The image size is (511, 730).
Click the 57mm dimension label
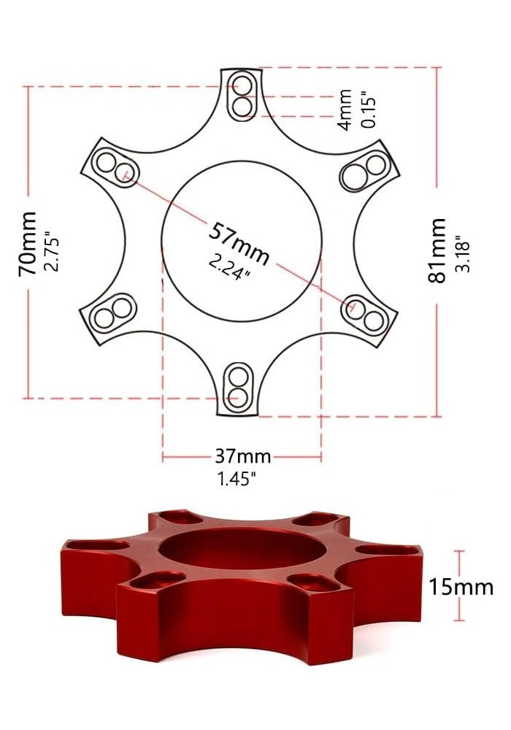[x=239, y=243]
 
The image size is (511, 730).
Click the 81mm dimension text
[x=437, y=250]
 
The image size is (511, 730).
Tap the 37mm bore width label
[x=242, y=457]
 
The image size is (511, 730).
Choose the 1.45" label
[x=236, y=480]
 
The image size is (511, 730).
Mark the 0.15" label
[x=369, y=109]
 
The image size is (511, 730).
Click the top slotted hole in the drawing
[x=241, y=96]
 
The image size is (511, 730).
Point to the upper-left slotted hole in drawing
[x=114, y=166]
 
